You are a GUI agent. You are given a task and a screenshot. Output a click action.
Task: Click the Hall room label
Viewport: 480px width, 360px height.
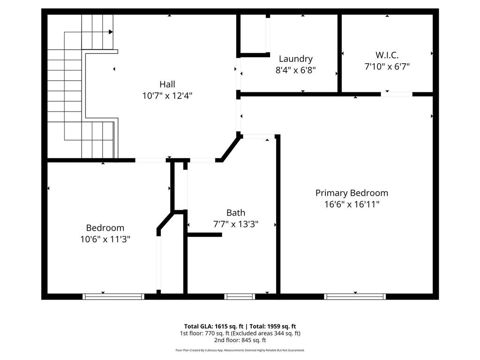[x=167, y=84]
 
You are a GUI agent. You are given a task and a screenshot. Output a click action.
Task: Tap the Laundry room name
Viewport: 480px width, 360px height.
[x=295, y=59]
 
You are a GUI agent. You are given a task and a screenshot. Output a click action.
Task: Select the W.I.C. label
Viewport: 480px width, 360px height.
[x=387, y=55]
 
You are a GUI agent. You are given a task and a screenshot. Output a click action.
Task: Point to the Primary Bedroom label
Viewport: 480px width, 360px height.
[x=352, y=193]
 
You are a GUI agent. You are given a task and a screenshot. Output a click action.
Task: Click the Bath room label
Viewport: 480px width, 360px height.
[x=236, y=212]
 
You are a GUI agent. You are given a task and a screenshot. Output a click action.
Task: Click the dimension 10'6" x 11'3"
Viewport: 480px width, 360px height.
[x=105, y=239]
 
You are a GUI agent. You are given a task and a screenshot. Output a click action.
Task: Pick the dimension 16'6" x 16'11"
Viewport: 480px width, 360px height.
[x=352, y=204]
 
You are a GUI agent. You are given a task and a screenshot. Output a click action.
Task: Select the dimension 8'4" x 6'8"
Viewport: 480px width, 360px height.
[x=295, y=70]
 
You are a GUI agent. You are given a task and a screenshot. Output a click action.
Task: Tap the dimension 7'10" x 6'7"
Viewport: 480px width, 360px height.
[x=387, y=67]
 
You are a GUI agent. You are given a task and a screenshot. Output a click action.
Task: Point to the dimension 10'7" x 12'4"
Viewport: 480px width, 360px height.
[x=167, y=96]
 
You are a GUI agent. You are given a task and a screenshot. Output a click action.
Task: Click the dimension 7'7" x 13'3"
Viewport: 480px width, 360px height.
[x=236, y=224]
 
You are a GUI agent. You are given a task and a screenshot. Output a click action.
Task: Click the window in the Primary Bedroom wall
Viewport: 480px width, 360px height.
[x=355, y=296]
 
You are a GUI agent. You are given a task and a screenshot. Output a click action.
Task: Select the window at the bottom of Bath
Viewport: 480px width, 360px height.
[x=240, y=296]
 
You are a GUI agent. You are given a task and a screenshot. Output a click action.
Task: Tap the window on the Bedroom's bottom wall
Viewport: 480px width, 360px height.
[x=113, y=296]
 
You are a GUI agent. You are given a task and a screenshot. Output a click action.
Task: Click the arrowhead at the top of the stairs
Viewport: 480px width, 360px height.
[x=111, y=32]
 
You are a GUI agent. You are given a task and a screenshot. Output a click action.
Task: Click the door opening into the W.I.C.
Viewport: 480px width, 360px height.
[x=397, y=94]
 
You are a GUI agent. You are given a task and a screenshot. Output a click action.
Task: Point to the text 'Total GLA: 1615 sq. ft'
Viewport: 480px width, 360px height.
[x=213, y=326]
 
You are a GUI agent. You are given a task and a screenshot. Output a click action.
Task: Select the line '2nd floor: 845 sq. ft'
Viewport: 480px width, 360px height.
[x=240, y=340]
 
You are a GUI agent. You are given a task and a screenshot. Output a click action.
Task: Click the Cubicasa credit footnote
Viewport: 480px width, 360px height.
[x=240, y=350]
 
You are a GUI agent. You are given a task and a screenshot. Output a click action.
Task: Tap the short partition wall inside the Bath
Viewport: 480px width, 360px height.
[x=204, y=234]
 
